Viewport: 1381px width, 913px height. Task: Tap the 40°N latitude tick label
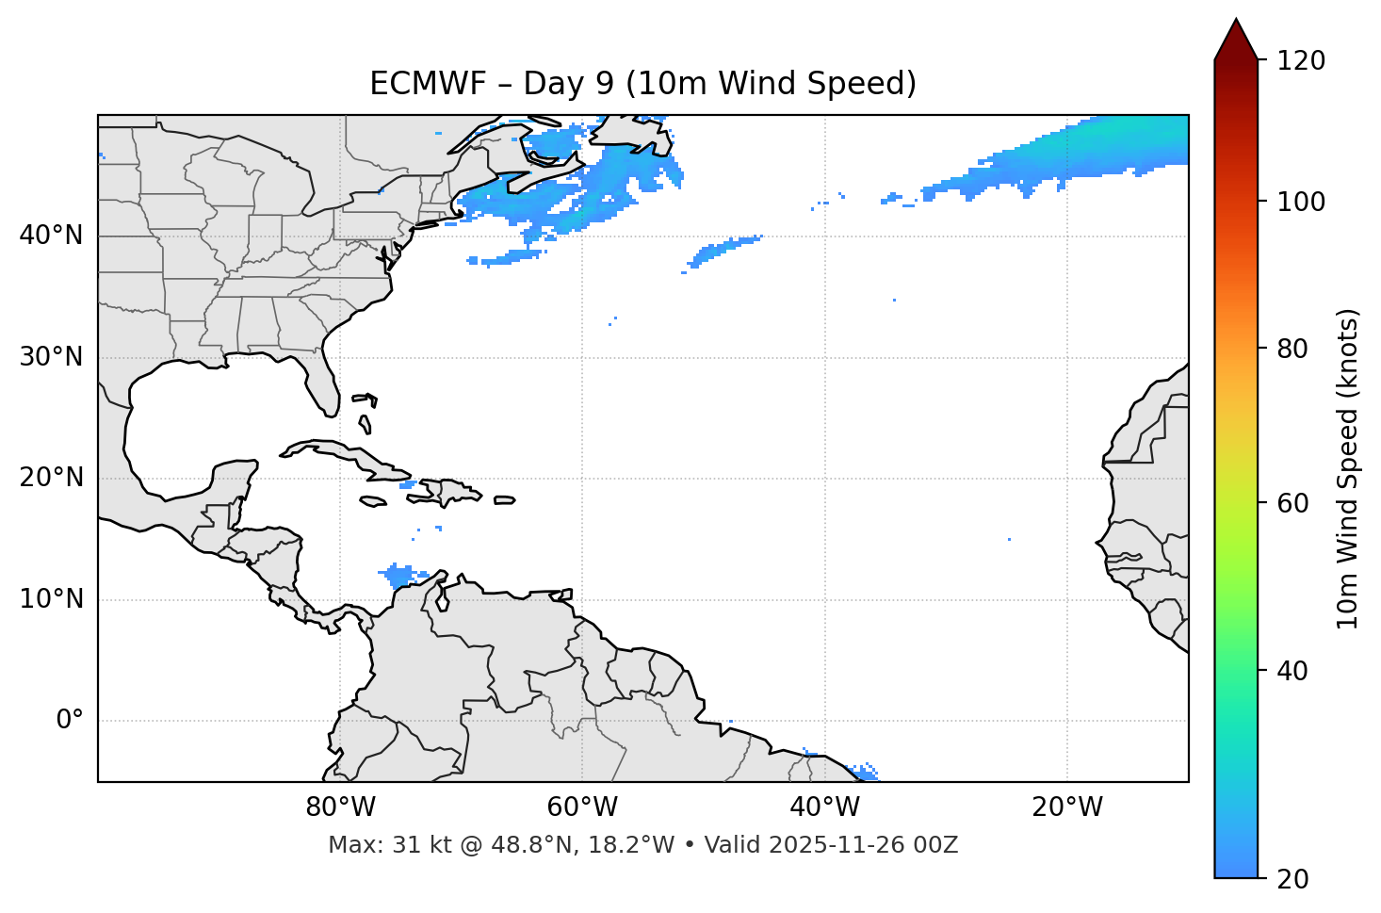(x=51, y=235)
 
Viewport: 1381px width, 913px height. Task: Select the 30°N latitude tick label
(x=51, y=357)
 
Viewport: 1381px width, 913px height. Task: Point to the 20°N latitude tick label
(x=51, y=478)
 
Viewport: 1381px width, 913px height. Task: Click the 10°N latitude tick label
(x=51, y=599)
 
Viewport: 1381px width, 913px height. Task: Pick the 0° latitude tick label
(x=69, y=721)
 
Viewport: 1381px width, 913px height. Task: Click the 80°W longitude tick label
(x=340, y=807)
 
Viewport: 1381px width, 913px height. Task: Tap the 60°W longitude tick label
(x=582, y=807)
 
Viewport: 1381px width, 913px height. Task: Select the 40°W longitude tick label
(x=824, y=807)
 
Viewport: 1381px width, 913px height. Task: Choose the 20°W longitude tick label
(x=1066, y=807)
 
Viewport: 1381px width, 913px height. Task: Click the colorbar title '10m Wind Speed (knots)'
(x=1348, y=468)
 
